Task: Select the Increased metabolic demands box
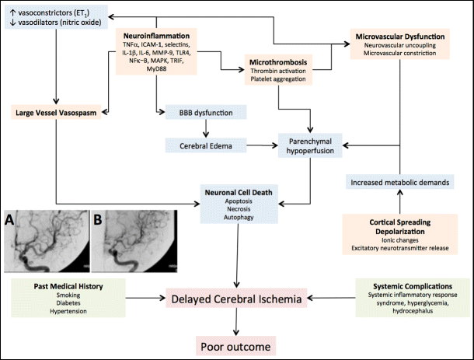click(x=399, y=181)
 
